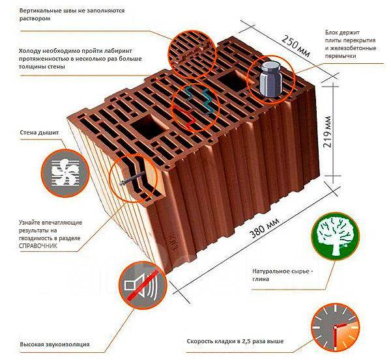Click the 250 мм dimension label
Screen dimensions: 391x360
[x=296, y=46]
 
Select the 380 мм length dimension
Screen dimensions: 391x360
[x=265, y=228]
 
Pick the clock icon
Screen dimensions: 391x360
[x=336, y=327]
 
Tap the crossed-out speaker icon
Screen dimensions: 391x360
[x=142, y=284]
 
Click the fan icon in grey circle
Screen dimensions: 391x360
[x=65, y=173]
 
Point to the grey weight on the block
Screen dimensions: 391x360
[x=270, y=79]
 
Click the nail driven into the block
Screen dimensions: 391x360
[x=132, y=178]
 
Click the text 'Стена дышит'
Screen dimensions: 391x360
[x=39, y=133]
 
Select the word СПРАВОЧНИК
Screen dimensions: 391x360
[x=38, y=246]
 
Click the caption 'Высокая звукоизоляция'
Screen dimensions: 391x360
[x=55, y=344]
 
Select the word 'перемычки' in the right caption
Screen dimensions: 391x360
[x=340, y=56]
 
